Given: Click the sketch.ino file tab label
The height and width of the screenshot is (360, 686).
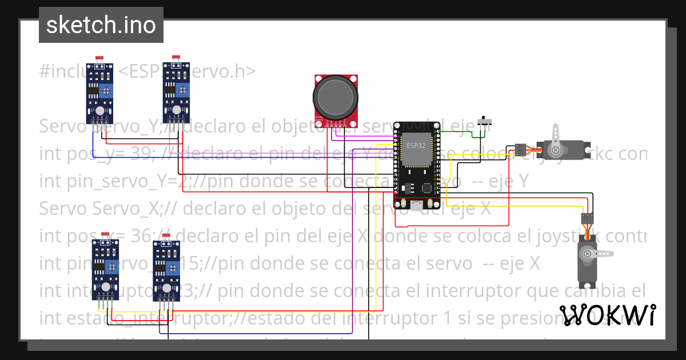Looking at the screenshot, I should tap(101, 25).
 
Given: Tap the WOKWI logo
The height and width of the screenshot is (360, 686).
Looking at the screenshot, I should tap(608, 315).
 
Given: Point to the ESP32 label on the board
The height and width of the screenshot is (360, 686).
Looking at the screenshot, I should tap(416, 145).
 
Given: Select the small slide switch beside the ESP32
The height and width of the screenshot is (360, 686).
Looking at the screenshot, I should tap(487, 122).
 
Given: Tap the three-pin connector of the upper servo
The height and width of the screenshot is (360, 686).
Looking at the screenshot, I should tap(520, 150).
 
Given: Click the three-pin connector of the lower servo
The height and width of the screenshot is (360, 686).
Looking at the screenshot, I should tap(587, 218).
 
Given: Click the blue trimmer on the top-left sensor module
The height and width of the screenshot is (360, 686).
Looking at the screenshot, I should tap(106, 91).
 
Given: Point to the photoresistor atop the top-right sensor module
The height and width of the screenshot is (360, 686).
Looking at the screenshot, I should tap(176, 57).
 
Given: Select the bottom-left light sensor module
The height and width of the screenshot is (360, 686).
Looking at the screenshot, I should tap(105, 269).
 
